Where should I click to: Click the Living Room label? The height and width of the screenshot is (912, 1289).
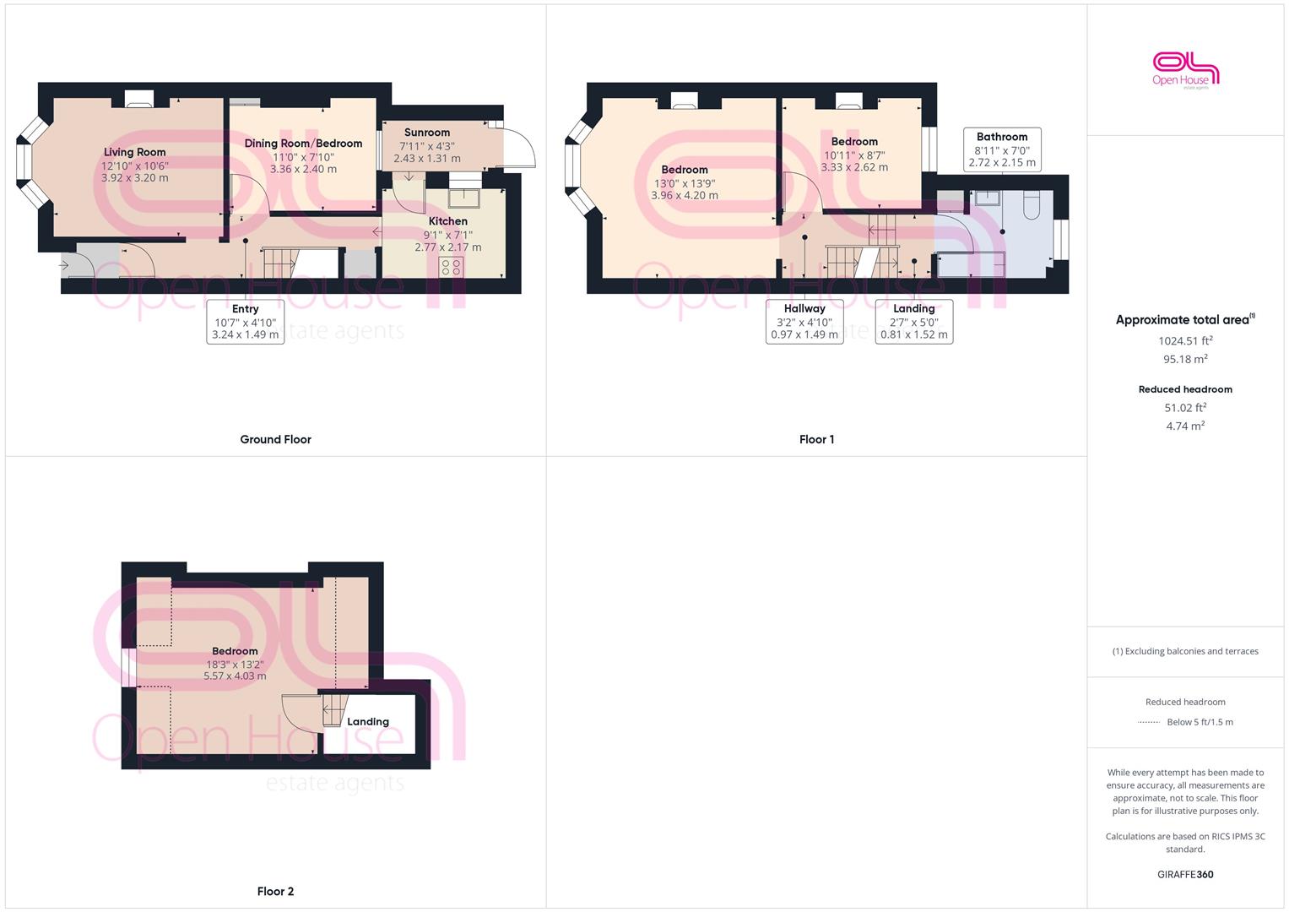[x=135, y=152]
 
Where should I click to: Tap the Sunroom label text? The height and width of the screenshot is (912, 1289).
[x=427, y=133]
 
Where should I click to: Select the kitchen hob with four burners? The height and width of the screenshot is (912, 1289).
[x=451, y=267]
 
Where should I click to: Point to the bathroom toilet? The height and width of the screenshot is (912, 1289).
[x=1032, y=205]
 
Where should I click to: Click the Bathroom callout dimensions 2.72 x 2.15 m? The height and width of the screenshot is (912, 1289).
[x=1002, y=162]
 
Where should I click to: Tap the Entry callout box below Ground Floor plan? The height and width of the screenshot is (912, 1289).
[x=245, y=322]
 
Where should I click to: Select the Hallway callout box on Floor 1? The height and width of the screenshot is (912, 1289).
[x=804, y=322]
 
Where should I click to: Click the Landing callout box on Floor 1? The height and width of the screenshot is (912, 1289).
[x=914, y=322]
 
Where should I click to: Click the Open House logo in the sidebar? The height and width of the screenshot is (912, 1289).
[x=1185, y=70]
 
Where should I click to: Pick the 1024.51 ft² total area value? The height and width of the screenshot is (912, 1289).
[x=1185, y=340]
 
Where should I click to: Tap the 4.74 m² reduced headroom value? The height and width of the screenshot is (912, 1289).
[x=1185, y=426]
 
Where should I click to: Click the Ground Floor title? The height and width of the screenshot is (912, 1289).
[x=276, y=439]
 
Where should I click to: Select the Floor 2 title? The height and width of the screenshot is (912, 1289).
[x=276, y=891]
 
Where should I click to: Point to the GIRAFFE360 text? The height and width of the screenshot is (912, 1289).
[x=1185, y=875]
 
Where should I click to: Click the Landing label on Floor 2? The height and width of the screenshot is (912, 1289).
[x=368, y=721]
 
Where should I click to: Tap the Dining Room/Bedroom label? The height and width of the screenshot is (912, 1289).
[x=303, y=144]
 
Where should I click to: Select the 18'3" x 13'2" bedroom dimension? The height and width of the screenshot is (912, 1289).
[x=235, y=664]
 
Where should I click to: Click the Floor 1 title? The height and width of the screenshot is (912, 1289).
[x=816, y=439]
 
